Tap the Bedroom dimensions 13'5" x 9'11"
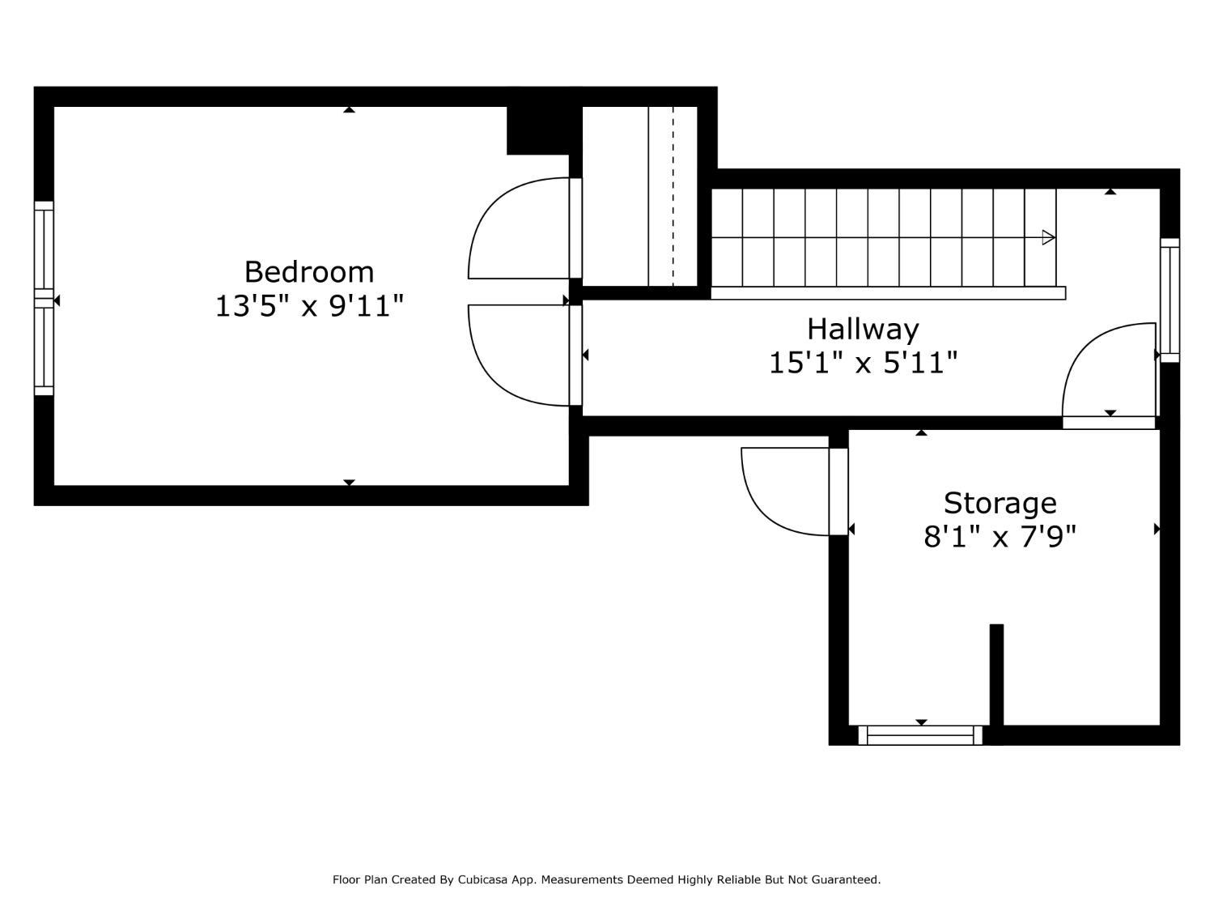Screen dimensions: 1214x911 309,306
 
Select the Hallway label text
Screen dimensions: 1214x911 863,330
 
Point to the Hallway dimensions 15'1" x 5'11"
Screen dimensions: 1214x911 863,363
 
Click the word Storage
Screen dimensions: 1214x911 1000,504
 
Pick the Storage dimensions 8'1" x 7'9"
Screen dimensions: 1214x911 1000,537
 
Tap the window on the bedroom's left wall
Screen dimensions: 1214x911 44,298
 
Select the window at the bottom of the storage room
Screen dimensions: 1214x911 920,735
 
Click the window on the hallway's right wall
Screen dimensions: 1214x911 1169,300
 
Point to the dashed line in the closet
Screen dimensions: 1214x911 673,196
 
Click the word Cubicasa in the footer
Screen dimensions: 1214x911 482,879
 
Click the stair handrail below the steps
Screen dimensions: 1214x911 888,293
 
